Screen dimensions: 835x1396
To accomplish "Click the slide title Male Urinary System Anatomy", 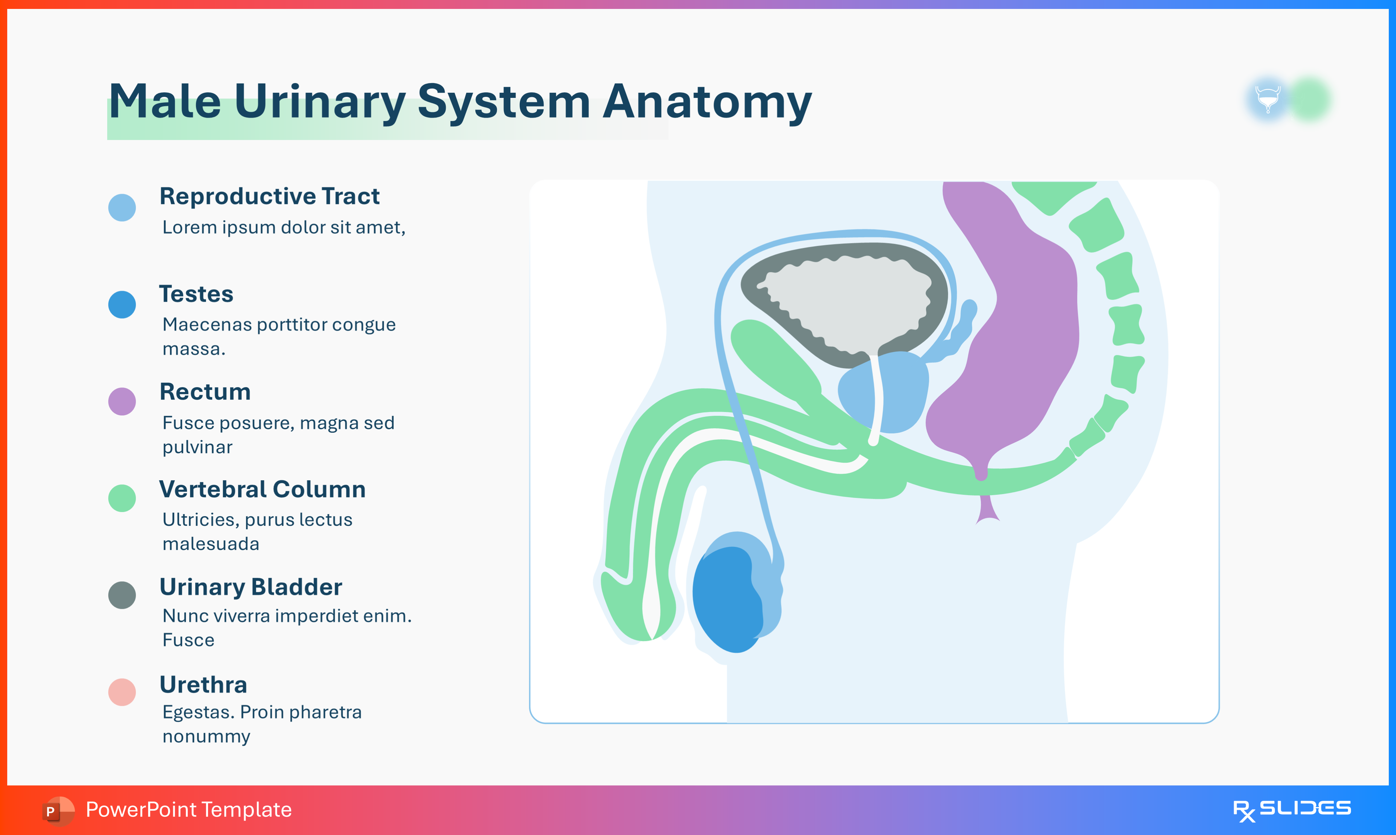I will [459, 102].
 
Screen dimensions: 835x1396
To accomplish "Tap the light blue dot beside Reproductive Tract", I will [122, 208].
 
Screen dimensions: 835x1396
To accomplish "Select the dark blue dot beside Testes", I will [122, 304].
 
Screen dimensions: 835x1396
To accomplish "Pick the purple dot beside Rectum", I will [122, 401].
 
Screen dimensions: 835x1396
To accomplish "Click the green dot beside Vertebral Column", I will [122, 498].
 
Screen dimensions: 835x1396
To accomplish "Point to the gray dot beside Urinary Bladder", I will [122, 595].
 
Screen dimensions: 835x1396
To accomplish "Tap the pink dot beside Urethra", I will [122, 691].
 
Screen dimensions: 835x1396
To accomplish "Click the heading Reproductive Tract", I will [269, 196].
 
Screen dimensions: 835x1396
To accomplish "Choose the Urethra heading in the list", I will [203, 685].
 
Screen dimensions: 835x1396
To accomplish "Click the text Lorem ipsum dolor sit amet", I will [283, 227].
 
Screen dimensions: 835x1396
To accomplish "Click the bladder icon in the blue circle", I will [1268, 99].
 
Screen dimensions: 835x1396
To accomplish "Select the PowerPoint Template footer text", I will [188, 810].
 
